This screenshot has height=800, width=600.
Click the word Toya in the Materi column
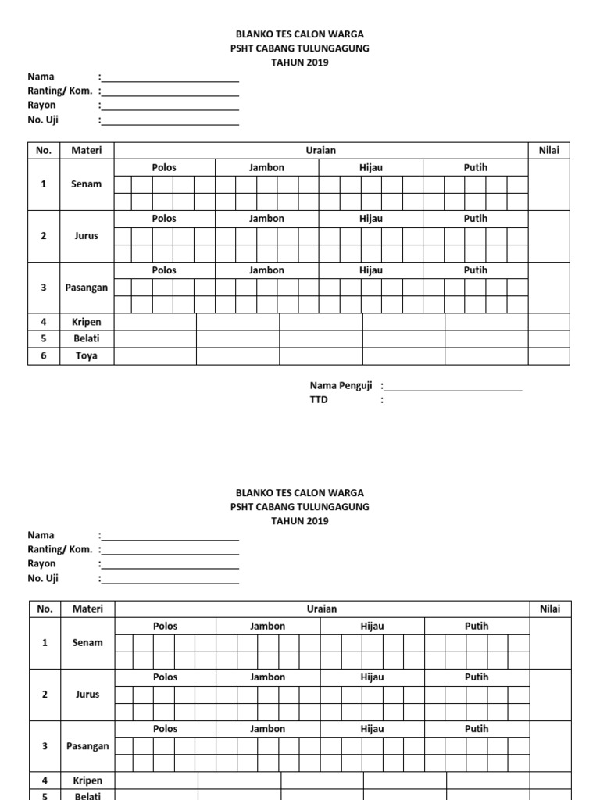point(87,356)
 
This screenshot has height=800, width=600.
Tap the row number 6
point(44,356)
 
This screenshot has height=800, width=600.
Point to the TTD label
point(319,399)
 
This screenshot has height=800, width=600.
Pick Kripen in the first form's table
point(87,322)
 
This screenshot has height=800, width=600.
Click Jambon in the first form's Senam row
point(266,167)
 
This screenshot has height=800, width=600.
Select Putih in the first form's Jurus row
point(475,219)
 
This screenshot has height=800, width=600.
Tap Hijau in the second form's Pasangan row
point(372,729)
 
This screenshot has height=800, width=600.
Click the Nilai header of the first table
point(548,150)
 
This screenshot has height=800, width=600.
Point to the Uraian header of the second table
point(322,609)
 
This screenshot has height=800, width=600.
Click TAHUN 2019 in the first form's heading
point(299,62)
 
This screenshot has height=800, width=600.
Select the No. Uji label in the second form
point(43,579)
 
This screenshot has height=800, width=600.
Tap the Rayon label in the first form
point(41,105)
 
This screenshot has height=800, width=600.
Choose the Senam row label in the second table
point(87,643)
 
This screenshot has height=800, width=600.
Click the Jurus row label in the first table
point(87,236)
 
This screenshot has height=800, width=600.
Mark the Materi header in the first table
point(87,150)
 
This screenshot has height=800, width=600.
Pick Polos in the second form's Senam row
point(166,626)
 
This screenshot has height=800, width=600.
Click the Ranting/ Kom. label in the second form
point(59,549)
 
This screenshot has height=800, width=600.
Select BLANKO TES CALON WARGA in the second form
point(299,493)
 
